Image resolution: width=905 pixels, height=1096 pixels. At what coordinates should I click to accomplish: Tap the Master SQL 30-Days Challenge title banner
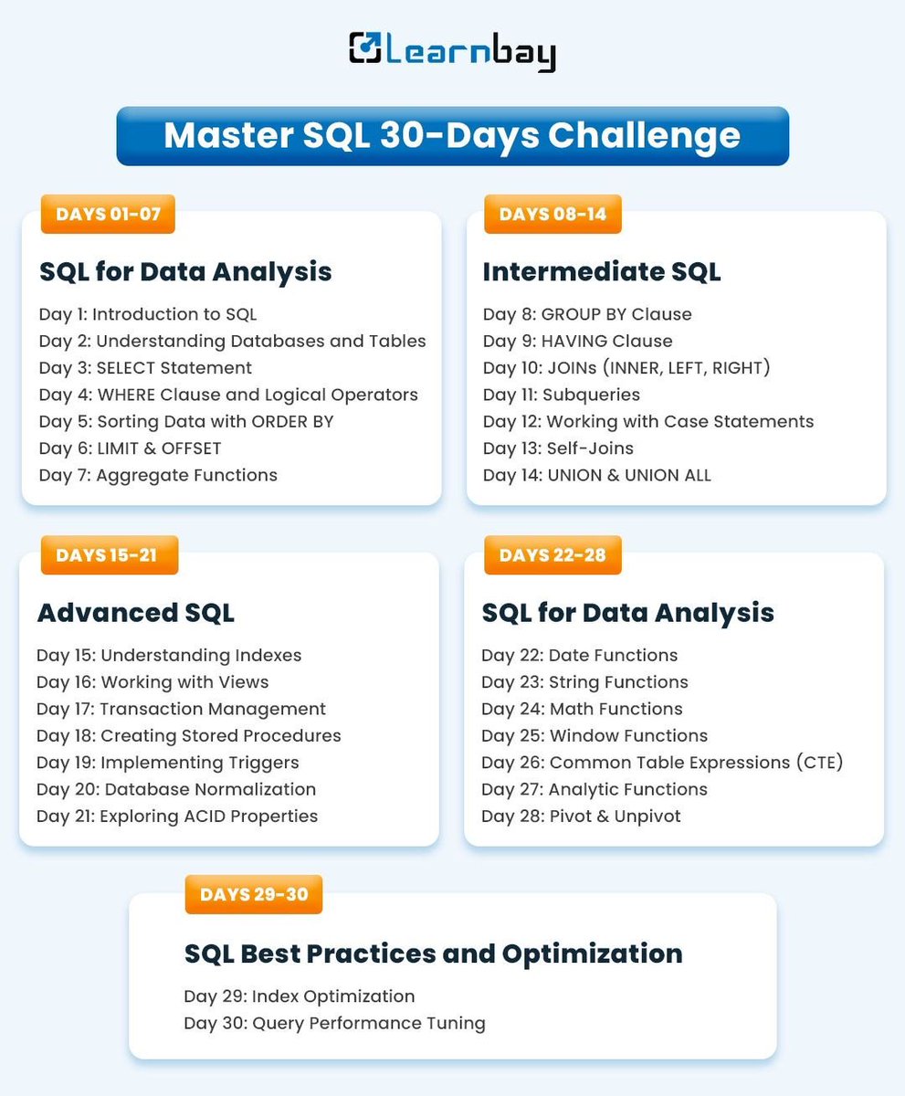click(452, 135)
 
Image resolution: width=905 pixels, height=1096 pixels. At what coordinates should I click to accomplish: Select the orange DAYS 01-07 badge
click(108, 215)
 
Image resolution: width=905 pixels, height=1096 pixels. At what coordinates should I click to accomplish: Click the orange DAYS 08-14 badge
click(552, 215)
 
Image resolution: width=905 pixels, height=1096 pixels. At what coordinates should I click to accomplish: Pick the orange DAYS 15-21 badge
click(109, 555)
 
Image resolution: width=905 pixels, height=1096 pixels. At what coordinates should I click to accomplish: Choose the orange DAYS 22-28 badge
click(552, 555)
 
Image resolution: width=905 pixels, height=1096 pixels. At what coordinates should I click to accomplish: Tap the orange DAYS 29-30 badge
click(254, 894)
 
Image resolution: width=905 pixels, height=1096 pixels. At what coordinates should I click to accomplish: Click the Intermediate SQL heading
click(601, 271)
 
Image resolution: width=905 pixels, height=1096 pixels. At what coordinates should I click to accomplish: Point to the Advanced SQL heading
click(135, 612)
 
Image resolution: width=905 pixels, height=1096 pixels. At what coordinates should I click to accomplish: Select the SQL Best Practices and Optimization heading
click(433, 954)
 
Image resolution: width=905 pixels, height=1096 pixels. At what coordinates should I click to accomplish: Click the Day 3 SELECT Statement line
click(145, 368)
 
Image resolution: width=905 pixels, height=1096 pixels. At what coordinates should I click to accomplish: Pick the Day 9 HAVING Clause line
click(577, 342)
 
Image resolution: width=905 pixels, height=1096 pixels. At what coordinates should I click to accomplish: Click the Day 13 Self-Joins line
click(558, 448)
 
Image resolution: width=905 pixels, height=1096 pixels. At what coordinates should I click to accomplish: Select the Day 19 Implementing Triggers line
click(168, 763)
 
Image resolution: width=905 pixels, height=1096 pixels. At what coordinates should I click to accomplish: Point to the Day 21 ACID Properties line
click(177, 817)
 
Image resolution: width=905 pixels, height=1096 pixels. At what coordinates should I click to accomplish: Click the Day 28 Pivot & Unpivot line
click(581, 817)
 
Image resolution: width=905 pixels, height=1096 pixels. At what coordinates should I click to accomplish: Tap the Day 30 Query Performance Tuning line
click(334, 1023)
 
